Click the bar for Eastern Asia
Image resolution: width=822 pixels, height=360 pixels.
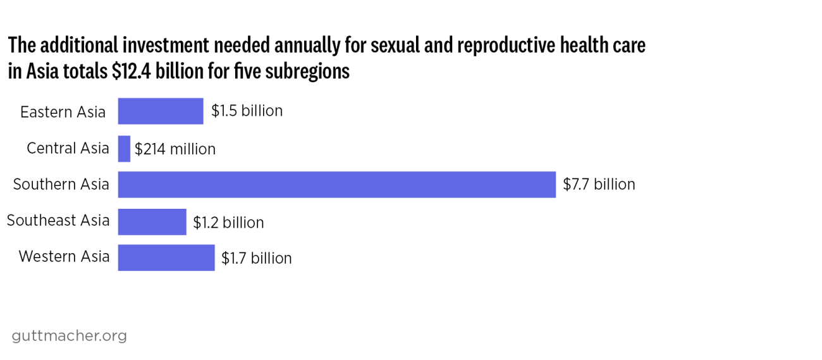coord(161,111)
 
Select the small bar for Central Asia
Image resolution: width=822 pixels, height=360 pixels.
coord(124,149)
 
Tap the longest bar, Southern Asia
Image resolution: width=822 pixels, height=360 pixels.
coord(336,185)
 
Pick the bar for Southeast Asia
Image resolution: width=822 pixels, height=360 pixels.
coord(152,222)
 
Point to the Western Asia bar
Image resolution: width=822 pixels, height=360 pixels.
coord(166,258)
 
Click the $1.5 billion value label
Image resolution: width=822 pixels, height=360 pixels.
coord(247,111)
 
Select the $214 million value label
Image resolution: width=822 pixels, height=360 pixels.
coord(175,149)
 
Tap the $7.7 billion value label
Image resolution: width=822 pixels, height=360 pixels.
coord(599,185)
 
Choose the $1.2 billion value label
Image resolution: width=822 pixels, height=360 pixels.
coord(228,223)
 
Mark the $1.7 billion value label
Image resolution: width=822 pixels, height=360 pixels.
coord(257,258)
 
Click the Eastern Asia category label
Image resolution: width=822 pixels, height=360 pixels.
coord(63,112)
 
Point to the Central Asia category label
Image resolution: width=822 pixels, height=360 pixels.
coord(68,149)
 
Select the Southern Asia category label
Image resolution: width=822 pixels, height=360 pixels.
coord(61,185)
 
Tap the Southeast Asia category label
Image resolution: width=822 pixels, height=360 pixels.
coord(58,221)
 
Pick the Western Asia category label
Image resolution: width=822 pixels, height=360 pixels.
coord(64,257)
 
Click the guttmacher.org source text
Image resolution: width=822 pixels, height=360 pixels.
coord(69,335)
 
